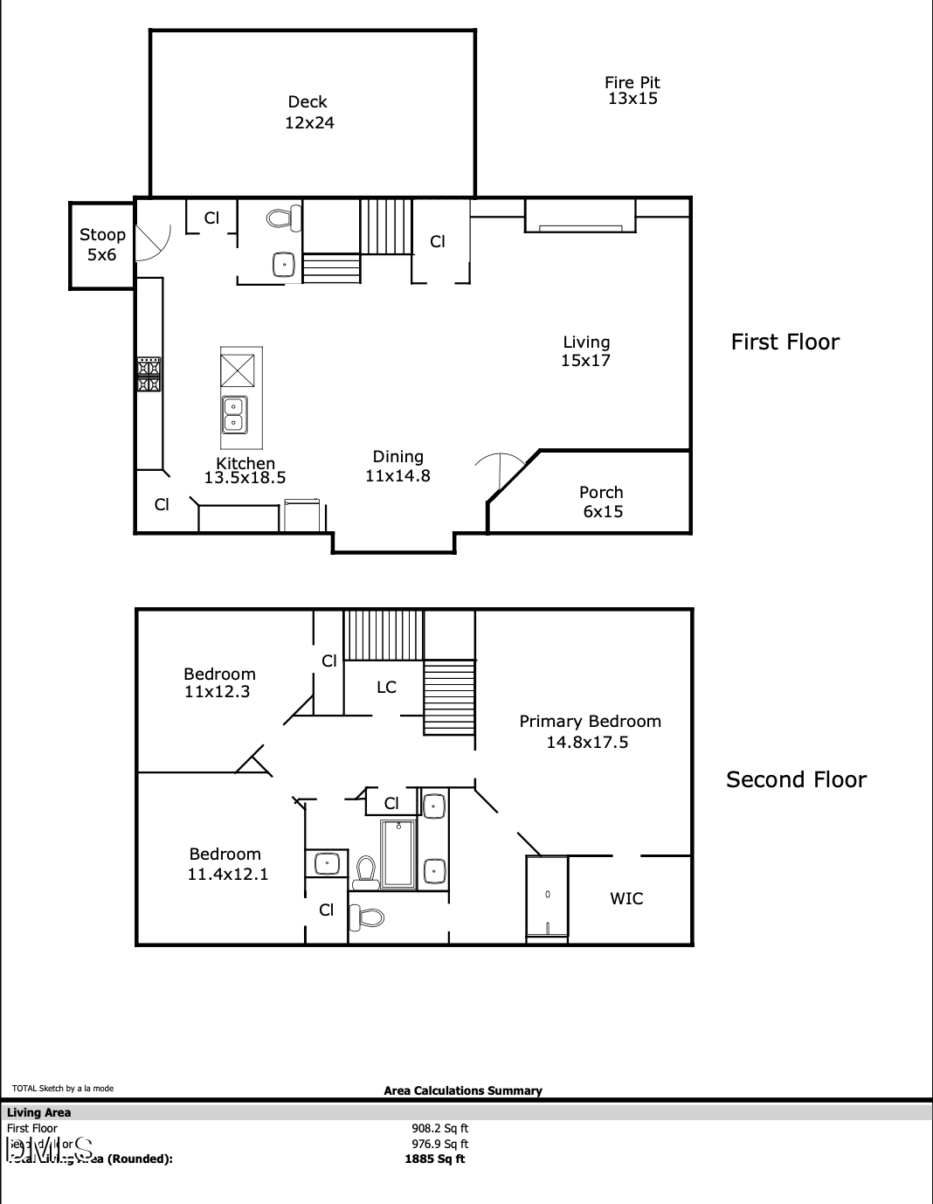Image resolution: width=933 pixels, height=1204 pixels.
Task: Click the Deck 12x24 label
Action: [309, 113]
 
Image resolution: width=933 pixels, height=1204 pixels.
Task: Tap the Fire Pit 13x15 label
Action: [632, 91]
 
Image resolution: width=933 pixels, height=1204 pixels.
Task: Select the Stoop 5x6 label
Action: [102, 245]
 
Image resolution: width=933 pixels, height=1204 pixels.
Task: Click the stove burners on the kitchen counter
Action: [149, 374]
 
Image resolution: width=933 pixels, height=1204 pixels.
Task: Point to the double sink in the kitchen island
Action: [234, 413]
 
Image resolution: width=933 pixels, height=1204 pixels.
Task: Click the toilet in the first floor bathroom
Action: [283, 218]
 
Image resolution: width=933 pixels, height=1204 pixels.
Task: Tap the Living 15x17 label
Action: [586, 351]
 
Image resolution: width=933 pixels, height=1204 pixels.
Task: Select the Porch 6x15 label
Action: [602, 502]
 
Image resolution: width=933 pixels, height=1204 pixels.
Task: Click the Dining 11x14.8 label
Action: [397, 467]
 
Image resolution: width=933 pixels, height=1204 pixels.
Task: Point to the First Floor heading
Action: [784, 342]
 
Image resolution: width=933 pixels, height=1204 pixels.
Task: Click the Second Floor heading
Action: [796, 779]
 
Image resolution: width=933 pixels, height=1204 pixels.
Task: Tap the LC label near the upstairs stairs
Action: [386, 688]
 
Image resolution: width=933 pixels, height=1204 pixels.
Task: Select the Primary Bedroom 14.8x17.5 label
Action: [590, 731]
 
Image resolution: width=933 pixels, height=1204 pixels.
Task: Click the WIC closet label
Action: [626, 898]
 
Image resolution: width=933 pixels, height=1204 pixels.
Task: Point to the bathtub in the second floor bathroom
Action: [399, 854]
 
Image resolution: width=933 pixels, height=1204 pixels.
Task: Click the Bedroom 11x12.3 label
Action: [219, 682]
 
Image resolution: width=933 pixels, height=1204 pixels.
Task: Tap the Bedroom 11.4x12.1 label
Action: [227, 864]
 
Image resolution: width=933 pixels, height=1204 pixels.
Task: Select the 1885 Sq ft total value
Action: [435, 1159]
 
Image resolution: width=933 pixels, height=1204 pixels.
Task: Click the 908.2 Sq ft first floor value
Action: [439, 1128]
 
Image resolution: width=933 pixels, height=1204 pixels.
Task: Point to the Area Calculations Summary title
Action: [463, 1090]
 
